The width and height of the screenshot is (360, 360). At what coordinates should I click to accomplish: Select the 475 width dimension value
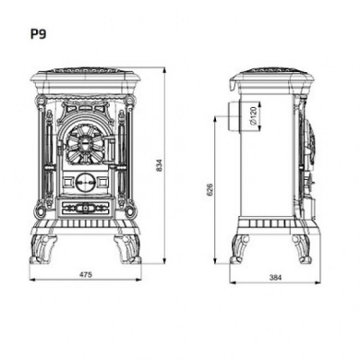click(86, 273)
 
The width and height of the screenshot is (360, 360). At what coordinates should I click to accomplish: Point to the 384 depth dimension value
click(274, 278)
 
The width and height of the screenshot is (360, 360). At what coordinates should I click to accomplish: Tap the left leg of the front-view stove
click(43, 245)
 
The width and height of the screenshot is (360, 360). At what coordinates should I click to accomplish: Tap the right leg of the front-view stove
click(130, 245)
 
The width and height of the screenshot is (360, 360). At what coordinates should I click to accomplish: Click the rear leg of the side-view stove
click(240, 247)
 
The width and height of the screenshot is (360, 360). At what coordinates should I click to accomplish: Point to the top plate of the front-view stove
click(86, 72)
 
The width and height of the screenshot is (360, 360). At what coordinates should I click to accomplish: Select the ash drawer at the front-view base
click(86, 208)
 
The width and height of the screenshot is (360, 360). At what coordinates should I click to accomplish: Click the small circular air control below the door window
click(86, 178)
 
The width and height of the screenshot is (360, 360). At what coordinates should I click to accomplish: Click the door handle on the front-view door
click(112, 148)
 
